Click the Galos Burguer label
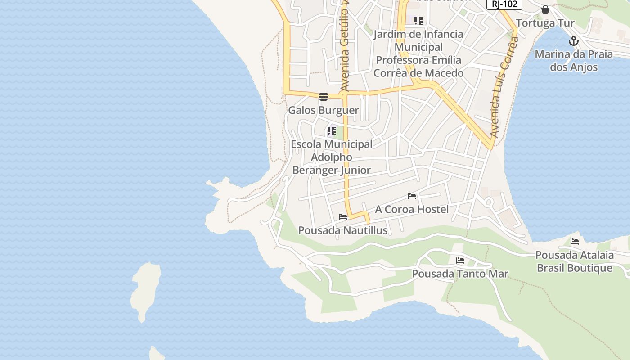[x=324, y=110]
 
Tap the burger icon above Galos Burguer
[x=324, y=96]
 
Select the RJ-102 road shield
[x=504, y=4]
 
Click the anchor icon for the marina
[x=573, y=41]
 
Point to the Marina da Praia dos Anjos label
[x=574, y=61]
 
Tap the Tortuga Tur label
[x=545, y=23]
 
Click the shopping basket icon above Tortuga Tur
[x=545, y=9]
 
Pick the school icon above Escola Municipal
[x=332, y=131]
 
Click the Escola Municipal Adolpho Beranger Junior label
[x=332, y=157]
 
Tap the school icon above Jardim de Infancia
[x=418, y=20]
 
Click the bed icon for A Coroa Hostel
[x=412, y=196]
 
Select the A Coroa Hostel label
[x=412, y=209]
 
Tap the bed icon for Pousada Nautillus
[x=343, y=217]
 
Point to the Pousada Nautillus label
[x=343, y=230]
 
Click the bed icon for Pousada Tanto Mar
[x=460, y=261]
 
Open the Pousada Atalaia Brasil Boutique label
[x=574, y=261]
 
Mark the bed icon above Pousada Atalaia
[x=575, y=242]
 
